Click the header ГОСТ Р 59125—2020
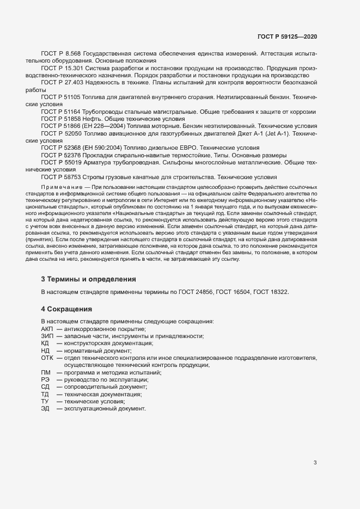click(287, 36)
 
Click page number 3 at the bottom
click(315, 463)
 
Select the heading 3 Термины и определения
click(88, 279)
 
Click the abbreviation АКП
click(47, 329)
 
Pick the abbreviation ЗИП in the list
click(47, 336)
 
